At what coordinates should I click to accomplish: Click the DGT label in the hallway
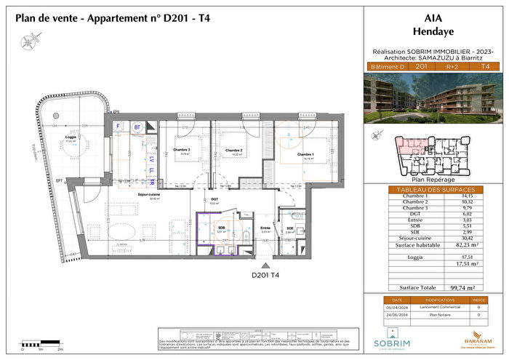[x=214, y=201]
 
